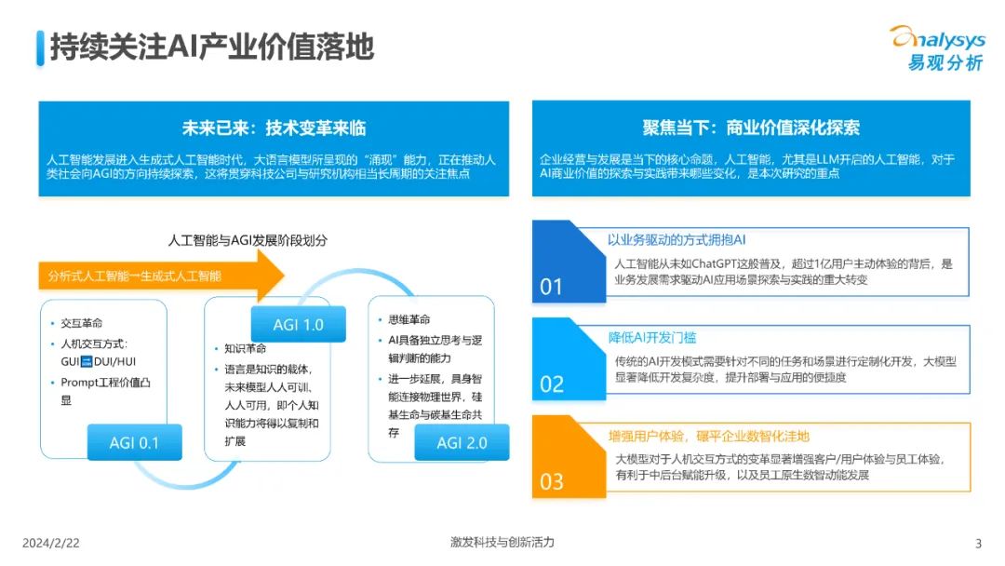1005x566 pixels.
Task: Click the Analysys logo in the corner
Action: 935,47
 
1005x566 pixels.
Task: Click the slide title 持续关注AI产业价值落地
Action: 211,47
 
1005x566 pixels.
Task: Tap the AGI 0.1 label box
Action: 134,442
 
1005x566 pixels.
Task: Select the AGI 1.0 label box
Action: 298,324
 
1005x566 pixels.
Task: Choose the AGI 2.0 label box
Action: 462,442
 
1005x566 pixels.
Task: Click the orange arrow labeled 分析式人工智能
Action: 158,276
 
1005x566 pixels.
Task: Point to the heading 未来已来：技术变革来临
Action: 274,128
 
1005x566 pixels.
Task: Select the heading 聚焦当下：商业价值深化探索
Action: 751,128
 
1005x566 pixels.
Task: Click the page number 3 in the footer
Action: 978,544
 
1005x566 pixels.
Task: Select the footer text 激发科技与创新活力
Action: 502,543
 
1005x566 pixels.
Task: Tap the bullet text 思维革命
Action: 409,320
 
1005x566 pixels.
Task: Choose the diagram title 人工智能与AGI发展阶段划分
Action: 248,240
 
